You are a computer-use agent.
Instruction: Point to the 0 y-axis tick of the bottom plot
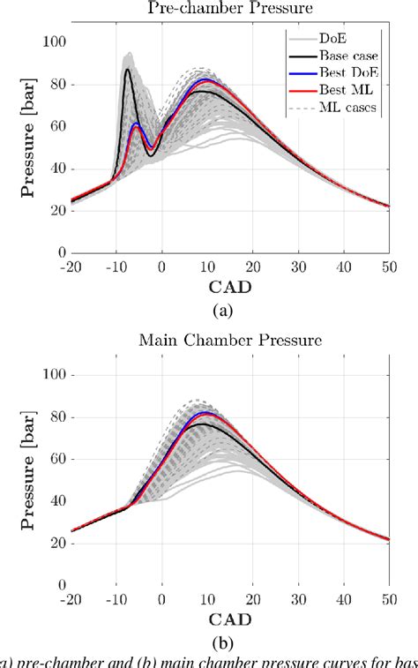[x=62, y=584]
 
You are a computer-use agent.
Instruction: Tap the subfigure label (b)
[x=228, y=642]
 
